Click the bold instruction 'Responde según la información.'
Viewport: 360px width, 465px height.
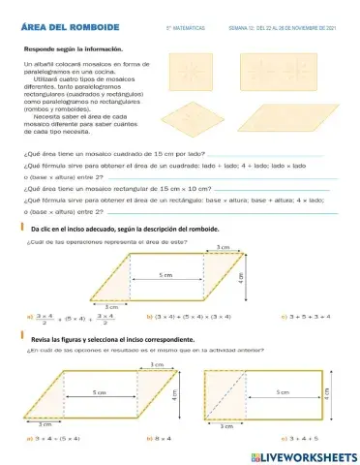coord(74,46)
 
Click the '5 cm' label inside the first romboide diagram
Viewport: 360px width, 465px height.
coord(166,276)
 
